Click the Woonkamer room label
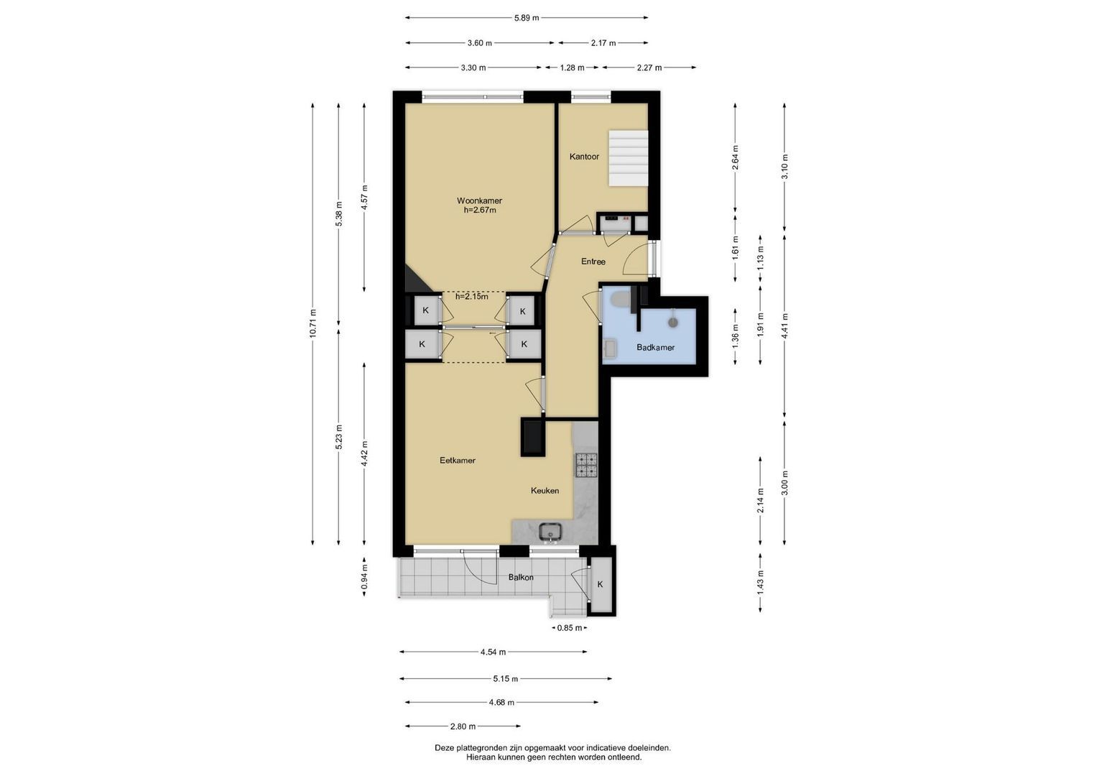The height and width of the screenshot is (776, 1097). [479, 200]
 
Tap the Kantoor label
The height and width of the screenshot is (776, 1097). [584, 157]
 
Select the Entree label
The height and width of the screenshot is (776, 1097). [593, 262]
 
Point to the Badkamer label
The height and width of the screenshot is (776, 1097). [655, 347]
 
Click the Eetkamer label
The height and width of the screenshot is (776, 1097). [458, 461]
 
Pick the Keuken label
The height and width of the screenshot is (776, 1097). [545, 490]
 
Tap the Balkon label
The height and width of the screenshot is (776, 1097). [521, 577]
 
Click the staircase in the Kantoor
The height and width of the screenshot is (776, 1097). [629, 158]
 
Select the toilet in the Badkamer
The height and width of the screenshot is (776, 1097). [621, 298]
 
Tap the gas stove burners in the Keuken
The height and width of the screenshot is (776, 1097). [587, 466]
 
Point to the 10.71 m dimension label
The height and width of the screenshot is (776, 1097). [313, 323]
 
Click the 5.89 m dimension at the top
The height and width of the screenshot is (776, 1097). [527, 18]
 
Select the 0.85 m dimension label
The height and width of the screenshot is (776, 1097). [570, 628]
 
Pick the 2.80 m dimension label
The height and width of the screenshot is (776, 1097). [463, 726]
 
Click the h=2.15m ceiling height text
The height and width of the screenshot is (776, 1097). [471, 296]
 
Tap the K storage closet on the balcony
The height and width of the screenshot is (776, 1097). [600, 585]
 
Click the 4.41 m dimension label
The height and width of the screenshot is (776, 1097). [784, 325]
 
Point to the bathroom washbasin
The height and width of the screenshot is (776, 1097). [610, 348]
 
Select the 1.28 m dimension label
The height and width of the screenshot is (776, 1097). [572, 68]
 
